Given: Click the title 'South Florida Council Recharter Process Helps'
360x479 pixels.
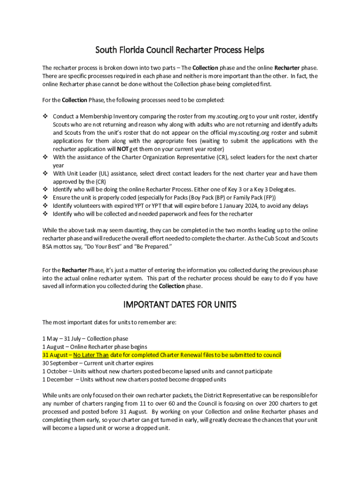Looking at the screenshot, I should click(180, 50).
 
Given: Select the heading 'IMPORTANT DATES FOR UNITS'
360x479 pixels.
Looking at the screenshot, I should click(180, 305).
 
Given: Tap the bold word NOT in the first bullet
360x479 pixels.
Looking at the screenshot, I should click(123, 149).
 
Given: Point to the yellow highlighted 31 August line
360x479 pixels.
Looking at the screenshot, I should click(161, 355).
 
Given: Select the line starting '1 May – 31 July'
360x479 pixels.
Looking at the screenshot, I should click(85, 338).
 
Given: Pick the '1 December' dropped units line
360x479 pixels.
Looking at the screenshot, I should click(134, 379).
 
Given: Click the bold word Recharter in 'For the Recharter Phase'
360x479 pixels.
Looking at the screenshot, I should click(74, 270).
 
